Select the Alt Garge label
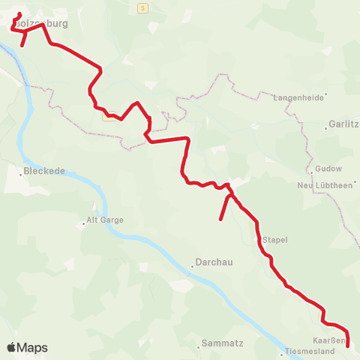click(106, 220)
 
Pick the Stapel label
click(275, 240)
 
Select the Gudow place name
click(328, 169)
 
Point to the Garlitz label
click(342, 126)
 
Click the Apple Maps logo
click(28, 347)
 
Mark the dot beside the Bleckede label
click(21, 173)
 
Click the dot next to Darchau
click(191, 263)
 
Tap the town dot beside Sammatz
click(199, 345)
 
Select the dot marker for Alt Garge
click(84, 223)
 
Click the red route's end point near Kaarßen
click(348, 346)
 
